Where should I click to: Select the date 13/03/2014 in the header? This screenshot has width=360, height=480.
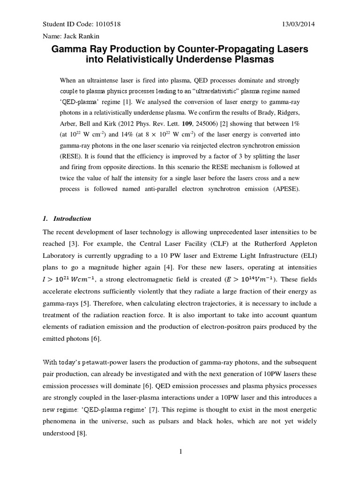(x=300, y=24)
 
